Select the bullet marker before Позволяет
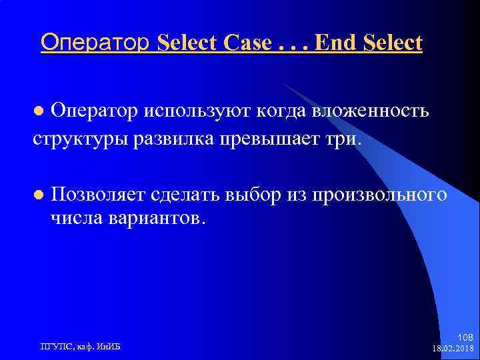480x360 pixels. pyautogui.click(x=39, y=195)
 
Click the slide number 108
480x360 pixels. pyautogui.click(x=466, y=337)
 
